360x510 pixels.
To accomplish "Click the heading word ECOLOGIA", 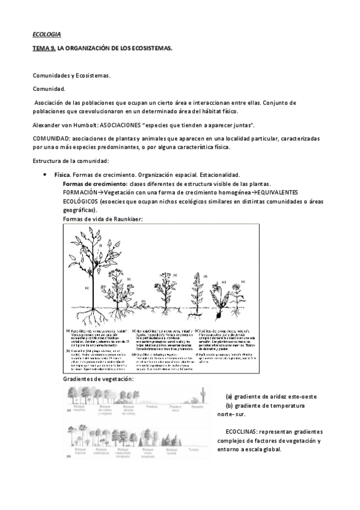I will pyautogui.click(x=46, y=35).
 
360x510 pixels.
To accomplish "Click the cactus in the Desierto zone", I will pyautogui.click(x=204, y=396).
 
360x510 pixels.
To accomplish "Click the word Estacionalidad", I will pyautogui.click(x=219, y=174).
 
